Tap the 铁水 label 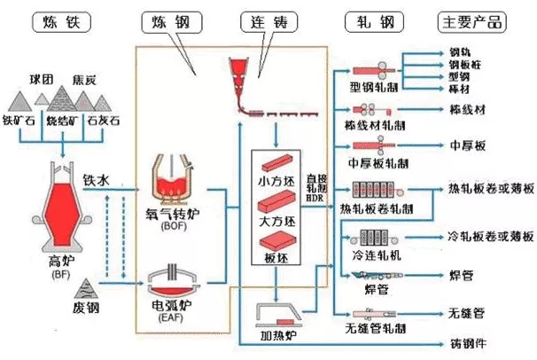pyautogui.click(x=96, y=180)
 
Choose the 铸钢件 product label pyautogui.click(x=469, y=343)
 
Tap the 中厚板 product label pyautogui.click(x=465, y=145)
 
